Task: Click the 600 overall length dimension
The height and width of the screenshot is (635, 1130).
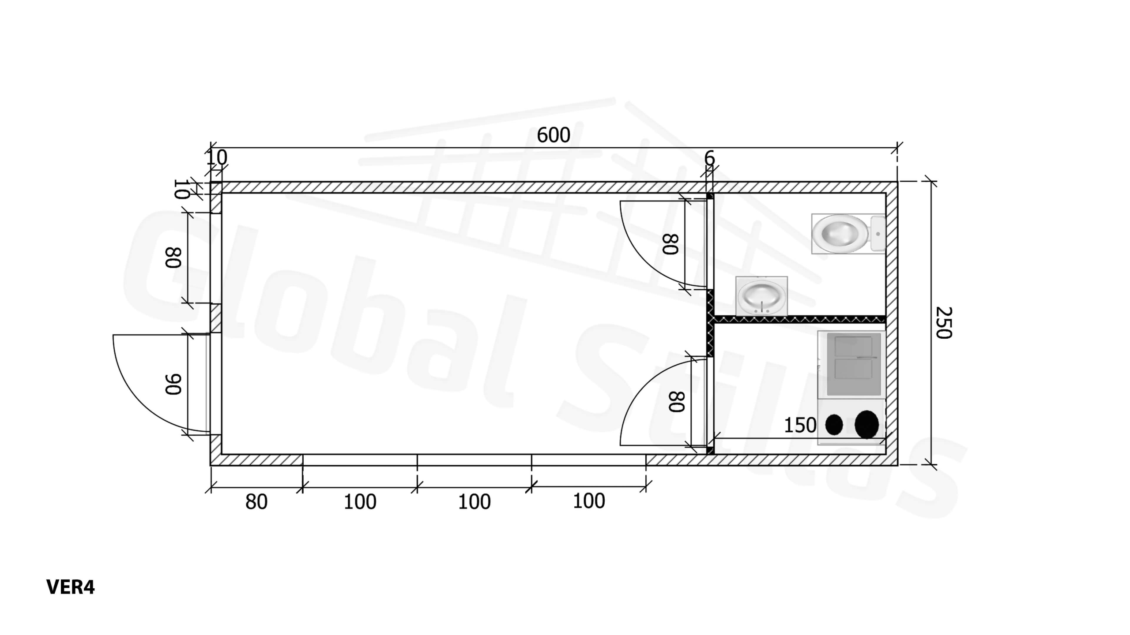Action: click(x=553, y=135)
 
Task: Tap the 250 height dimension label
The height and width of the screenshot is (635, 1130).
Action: click(x=944, y=323)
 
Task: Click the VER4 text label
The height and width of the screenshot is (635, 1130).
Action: click(x=70, y=587)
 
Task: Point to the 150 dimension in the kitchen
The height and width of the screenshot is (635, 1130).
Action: click(x=800, y=425)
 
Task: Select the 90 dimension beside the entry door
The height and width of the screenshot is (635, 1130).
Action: click(x=173, y=384)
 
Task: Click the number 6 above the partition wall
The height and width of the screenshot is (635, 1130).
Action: click(x=709, y=158)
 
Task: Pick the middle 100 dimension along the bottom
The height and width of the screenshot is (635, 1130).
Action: click(x=474, y=502)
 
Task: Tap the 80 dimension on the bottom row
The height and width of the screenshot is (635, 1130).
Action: click(x=256, y=502)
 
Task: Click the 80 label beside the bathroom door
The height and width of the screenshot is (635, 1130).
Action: click(x=670, y=244)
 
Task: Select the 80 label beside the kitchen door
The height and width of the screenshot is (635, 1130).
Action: click(x=677, y=401)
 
